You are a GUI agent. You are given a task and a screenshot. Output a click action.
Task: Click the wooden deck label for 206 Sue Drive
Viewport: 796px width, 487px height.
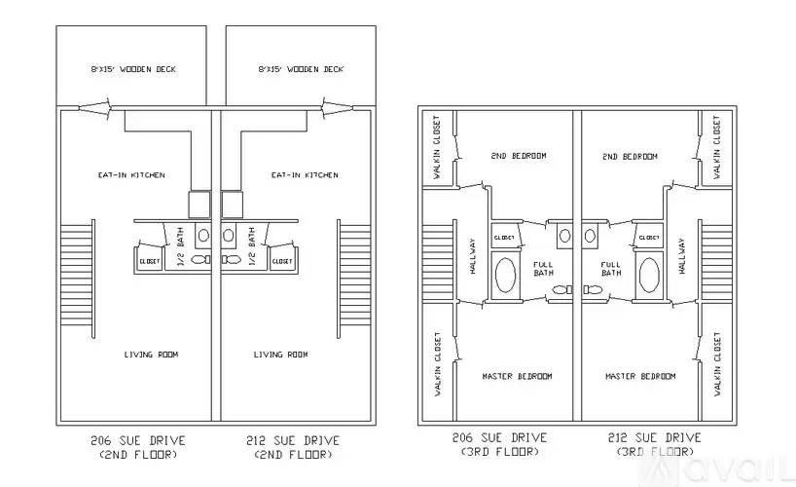[133, 69]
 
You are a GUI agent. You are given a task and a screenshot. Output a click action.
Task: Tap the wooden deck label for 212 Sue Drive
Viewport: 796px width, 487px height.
[301, 69]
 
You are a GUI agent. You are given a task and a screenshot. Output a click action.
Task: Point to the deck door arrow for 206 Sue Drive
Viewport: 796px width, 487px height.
[95, 108]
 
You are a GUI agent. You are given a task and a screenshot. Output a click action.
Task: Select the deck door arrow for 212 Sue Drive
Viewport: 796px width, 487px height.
[337, 108]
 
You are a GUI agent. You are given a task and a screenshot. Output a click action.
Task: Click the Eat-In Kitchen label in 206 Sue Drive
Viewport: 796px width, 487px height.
[131, 175]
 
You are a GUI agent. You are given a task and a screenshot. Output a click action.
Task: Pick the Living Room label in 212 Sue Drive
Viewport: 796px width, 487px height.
[280, 355]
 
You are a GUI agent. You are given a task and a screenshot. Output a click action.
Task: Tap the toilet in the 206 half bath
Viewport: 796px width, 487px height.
[201, 259]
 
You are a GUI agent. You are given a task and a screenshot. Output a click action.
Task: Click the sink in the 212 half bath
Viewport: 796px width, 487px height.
[229, 235]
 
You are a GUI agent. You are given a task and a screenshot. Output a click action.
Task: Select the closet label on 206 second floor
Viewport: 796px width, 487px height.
[149, 261]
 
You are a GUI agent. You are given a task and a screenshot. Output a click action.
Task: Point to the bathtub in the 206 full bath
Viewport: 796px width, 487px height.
[505, 275]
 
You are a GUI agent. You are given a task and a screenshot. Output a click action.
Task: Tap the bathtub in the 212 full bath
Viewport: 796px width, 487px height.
[649, 275]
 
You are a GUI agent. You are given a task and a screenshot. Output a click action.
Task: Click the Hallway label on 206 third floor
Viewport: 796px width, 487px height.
[473, 256]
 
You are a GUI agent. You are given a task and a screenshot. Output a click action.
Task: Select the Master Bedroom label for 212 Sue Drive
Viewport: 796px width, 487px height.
[640, 376]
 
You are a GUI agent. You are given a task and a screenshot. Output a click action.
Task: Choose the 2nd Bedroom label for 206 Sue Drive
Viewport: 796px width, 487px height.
[519, 156]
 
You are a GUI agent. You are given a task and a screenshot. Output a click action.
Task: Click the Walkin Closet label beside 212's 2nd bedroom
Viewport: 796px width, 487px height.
[717, 147]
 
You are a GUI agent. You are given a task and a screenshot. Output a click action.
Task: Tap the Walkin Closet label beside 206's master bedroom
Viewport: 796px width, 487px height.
[438, 364]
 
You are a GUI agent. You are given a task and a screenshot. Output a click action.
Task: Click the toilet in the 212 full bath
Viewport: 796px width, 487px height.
[593, 289]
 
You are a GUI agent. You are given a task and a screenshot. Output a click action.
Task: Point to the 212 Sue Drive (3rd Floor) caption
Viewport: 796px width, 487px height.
[655, 444]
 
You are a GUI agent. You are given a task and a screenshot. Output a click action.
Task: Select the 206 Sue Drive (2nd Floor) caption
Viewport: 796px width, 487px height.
[138, 447]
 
